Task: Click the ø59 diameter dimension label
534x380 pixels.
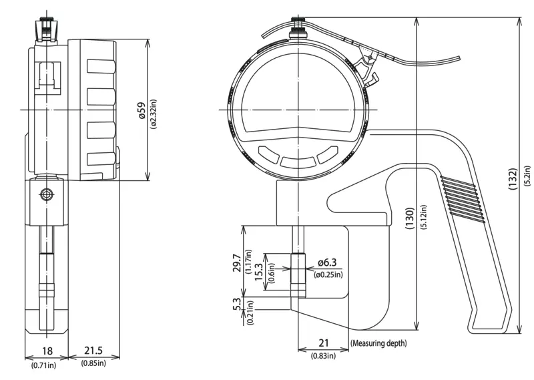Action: click(x=142, y=110)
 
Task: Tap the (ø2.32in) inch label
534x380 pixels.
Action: click(x=154, y=114)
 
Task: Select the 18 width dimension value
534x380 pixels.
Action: click(x=47, y=351)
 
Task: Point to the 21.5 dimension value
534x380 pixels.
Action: click(x=93, y=351)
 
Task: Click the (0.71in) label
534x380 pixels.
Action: click(x=44, y=365)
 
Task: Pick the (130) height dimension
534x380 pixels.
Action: click(x=409, y=218)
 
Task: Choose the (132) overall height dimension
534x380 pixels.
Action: click(x=513, y=179)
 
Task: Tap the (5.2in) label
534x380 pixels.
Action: click(x=527, y=176)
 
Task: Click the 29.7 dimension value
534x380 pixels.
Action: click(x=238, y=263)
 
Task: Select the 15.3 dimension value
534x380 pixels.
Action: click(x=259, y=272)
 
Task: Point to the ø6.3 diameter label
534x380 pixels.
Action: click(x=327, y=262)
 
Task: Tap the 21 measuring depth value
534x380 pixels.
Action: click(x=323, y=343)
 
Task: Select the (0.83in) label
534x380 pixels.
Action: click(x=323, y=356)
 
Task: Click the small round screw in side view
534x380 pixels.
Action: click(x=46, y=194)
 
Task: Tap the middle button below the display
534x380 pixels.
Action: click(x=298, y=162)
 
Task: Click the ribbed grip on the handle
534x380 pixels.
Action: click(x=463, y=199)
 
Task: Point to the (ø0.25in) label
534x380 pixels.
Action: click(x=328, y=274)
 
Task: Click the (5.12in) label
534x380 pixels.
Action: click(x=424, y=217)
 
